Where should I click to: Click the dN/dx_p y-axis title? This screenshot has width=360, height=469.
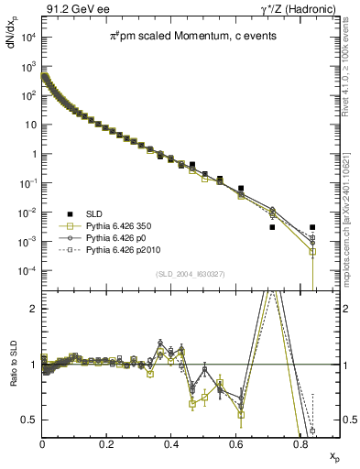pos(12,45)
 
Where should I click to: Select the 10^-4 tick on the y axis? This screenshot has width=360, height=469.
pos(27,271)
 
